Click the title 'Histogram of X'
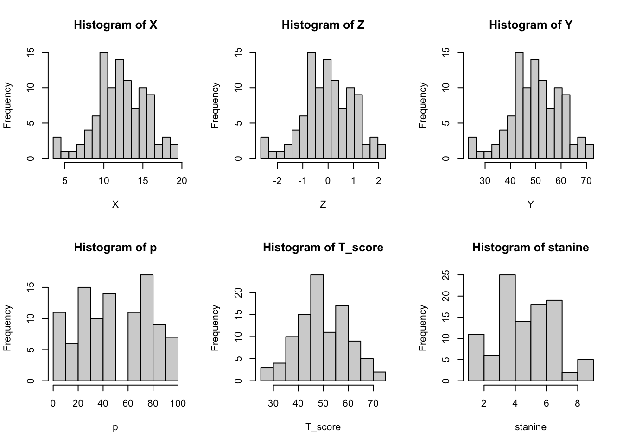pyautogui.click(x=115, y=25)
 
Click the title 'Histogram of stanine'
pyautogui.click(x=530, y=248)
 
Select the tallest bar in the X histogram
pyautogui.click(x=104, y=106)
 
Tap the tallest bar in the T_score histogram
pyautogui.click(x=317, y=328)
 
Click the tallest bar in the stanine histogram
pyautogui.click(x=507, y=328)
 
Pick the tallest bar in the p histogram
pyautogui.click(x=146, y=328)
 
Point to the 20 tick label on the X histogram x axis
pyautogui.click(x=182, y=181)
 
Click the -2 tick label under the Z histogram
pyautogui.click(x=277, y=181)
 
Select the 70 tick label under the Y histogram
pyautogui.click(x=586, y=181)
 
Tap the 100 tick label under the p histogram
pyautogui.click(x=178, y=403)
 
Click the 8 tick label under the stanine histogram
pyautogui.click(x=578, y=403)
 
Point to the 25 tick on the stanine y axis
pyautogui.click(x=447, y=275)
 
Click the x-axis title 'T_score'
pyautogui.click(x=323, y=427)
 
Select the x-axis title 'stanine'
pyautogui.click(x=530, y=427)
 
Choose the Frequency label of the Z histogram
pyautogui.click(x=215, y=105)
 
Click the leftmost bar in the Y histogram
pyautogui.click(x=472, y=148)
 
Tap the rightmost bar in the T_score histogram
pyautogui.click(x=379, y=376)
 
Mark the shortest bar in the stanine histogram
pyautogui.click(x=570, y=376)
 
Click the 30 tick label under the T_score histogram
pyautogui.click(x=273, y=403)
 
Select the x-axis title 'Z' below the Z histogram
pyautogui.click(x=323, y=204)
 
